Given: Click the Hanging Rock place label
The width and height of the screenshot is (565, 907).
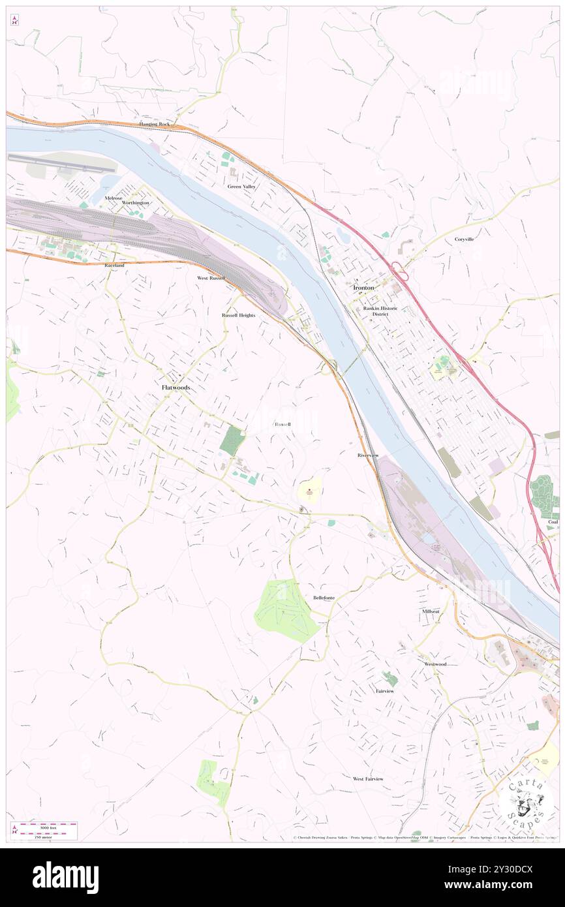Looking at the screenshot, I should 154,124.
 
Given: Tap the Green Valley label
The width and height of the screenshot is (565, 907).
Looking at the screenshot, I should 241,187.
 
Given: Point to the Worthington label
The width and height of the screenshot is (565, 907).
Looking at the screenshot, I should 135,203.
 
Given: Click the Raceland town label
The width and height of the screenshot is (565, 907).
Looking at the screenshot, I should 114,266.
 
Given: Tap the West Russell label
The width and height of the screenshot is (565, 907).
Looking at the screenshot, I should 211,278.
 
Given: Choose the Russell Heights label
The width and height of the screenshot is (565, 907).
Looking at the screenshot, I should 238,315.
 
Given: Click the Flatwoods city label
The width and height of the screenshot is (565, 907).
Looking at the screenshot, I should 176,387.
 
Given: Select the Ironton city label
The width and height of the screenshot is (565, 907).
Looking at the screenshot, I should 364,288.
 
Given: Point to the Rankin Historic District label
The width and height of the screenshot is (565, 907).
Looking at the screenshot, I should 380,311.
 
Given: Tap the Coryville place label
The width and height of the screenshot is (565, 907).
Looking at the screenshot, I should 464,239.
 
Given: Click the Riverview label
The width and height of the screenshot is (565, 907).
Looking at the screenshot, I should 368,455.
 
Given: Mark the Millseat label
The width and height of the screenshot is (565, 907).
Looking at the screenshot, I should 431,611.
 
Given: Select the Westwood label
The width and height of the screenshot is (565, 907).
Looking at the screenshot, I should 435,664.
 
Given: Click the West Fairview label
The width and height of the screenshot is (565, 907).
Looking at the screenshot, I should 368,778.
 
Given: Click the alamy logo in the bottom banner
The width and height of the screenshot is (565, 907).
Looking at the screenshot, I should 65,878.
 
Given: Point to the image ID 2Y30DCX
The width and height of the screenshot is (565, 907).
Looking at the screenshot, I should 498,869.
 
